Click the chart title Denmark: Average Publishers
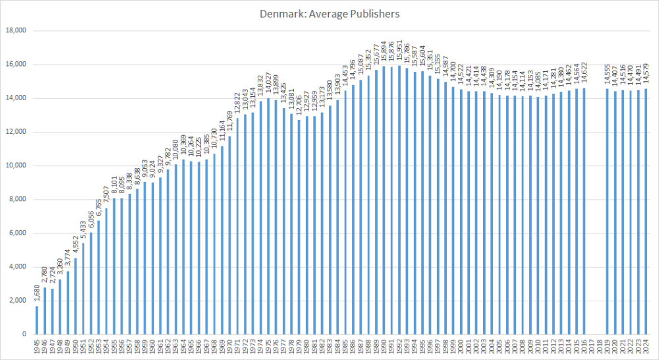point(329,13)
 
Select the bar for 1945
point(36,320)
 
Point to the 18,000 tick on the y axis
point(14,31)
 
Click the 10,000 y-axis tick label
point(14,165)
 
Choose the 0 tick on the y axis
point(23,334)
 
